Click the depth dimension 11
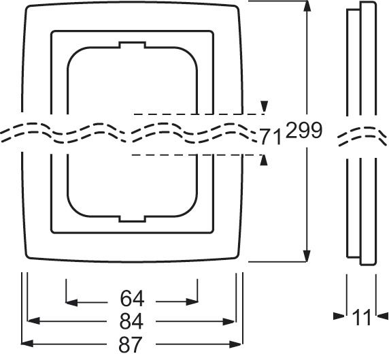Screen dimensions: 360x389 [x=364, y=316]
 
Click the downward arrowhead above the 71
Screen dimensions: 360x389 [x=265, y=108]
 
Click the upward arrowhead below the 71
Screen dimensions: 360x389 [x=265, y=159]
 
